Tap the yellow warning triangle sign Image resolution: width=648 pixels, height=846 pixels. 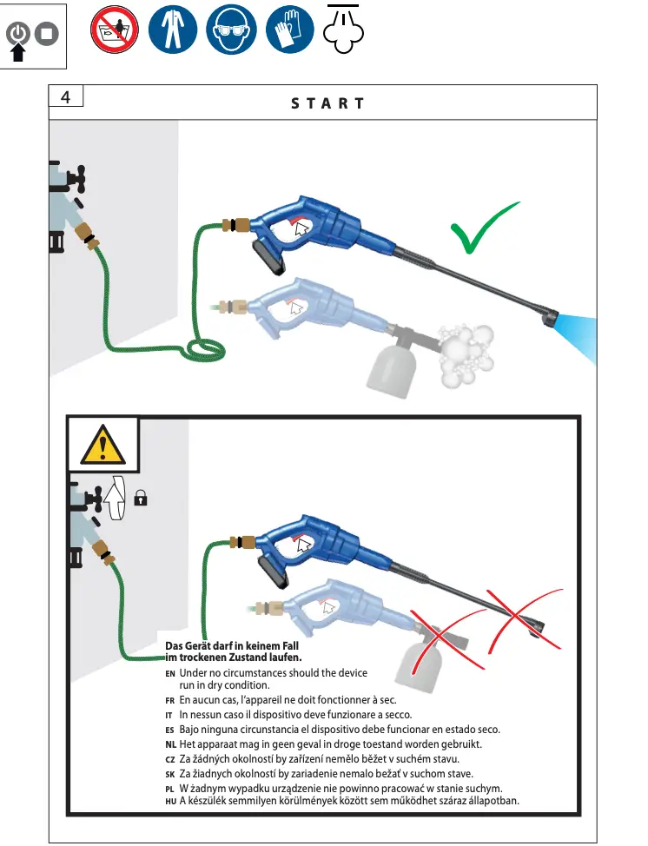point(103,446)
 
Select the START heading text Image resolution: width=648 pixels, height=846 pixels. point(327,102)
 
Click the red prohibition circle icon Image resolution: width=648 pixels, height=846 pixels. point(115,32)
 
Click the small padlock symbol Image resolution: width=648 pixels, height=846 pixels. point(142,498)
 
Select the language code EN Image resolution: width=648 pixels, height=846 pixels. point(170,674)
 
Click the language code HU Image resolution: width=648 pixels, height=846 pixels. point(170,801)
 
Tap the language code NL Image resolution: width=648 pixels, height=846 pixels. point(170,745)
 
